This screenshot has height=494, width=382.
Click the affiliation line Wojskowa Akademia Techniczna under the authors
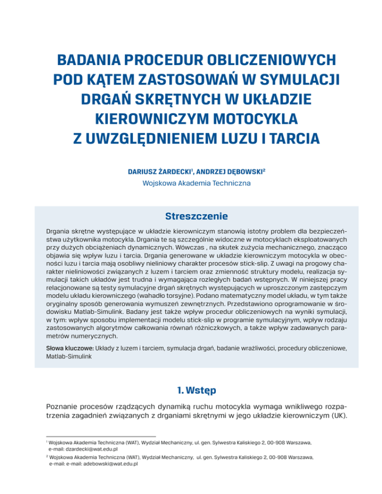(191, 183)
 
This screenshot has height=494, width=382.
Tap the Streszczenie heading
(191, 216)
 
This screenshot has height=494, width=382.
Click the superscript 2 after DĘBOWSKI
(263, 170)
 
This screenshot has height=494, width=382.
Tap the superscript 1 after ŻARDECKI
(192, 170)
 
